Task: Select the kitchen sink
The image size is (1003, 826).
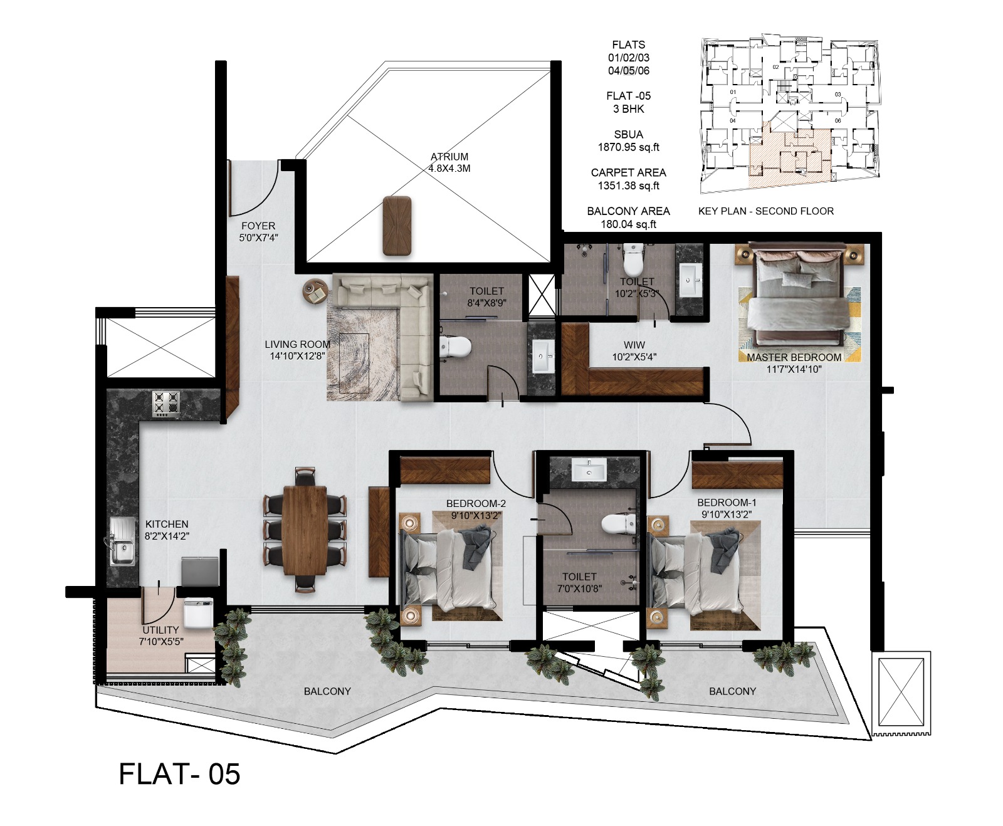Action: (122, 541)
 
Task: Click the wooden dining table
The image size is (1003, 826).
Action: (304, 530)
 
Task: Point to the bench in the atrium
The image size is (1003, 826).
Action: (397, 226)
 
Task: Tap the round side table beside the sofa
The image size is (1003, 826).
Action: (315, 291)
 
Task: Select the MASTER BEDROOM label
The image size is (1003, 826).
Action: (794, 357)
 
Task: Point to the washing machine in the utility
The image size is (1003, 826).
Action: (199, 612)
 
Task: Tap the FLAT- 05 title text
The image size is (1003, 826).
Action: (179, 774)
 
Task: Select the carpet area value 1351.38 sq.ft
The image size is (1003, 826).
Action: (628, 186)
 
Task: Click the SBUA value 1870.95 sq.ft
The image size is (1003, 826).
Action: (628, 147)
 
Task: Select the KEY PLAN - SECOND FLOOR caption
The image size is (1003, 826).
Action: (765, 211)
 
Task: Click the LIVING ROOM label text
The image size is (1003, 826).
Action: (297, 344)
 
